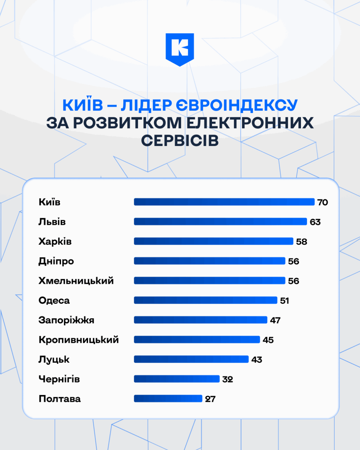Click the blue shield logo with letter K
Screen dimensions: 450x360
180,49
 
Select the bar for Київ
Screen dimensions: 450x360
224,202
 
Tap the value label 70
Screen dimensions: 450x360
323,202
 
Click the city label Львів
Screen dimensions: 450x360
52,222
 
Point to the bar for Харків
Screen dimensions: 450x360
213,241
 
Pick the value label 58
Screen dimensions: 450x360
301,242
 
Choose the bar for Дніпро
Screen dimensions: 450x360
209,261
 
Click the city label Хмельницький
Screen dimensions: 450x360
76,281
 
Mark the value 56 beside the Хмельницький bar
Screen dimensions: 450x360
293,281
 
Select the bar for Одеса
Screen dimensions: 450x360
205,300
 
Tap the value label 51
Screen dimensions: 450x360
284,301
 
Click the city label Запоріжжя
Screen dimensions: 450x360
66,320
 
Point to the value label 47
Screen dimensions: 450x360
275,320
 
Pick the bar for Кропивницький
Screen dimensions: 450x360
197,339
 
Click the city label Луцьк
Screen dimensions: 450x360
54,360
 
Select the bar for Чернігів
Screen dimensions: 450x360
177,379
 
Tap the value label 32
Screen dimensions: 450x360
228,379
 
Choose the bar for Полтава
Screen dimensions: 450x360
168,398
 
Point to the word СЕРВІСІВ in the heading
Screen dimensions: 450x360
180,141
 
